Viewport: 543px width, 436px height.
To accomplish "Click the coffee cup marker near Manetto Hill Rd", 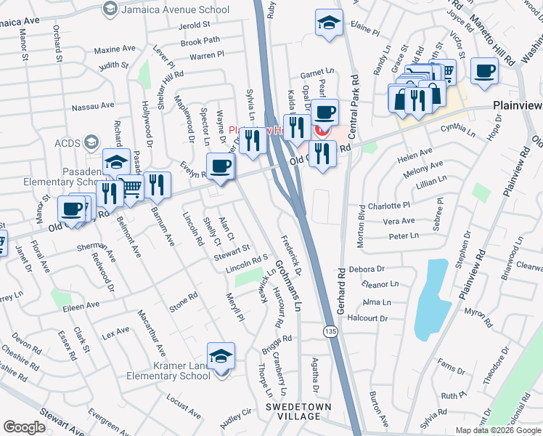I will [x=485, y=71].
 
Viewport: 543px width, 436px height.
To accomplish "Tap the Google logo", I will [x=24, y=427].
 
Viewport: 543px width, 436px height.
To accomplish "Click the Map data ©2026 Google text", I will [x=498, y=430].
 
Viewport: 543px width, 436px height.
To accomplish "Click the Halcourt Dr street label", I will [x=368, y=318].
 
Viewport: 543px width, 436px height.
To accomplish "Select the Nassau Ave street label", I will [x=93, y=107].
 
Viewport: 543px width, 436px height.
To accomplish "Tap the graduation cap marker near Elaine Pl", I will [x=329, y=23].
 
